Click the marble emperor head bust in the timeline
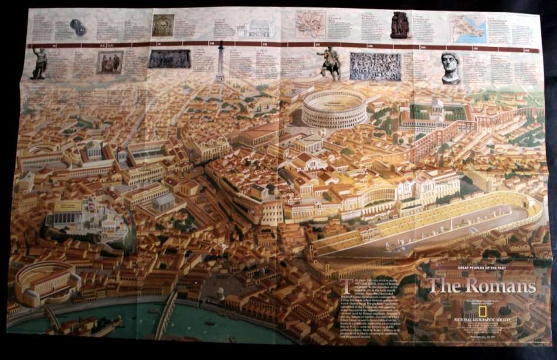[x=450, y=67]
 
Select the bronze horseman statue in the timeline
[x=330, y=63]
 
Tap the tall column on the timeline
[x=220, y=61]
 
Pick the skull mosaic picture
[x=162, y=25]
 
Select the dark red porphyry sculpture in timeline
[x=400, y=25]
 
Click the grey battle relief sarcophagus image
[x=375, y=66]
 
